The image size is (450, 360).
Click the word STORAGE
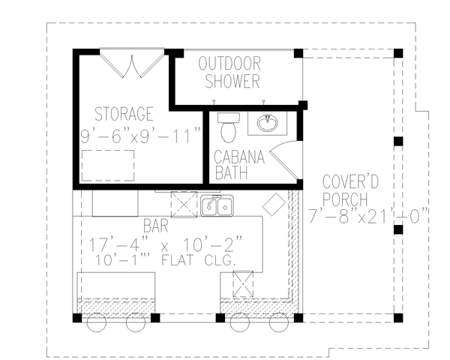pos(124,114)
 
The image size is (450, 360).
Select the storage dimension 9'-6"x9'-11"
pos(141,136)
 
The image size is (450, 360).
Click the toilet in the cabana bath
pos(227,127)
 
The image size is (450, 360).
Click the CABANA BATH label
pos(237,165)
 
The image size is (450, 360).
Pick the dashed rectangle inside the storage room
pos(108,165)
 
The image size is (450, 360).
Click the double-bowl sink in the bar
pos(216,205)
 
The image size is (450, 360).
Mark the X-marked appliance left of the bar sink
pos(183,204)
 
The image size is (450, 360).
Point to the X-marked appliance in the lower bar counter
pos(243,285)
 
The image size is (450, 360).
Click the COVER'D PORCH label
pos(345,190)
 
